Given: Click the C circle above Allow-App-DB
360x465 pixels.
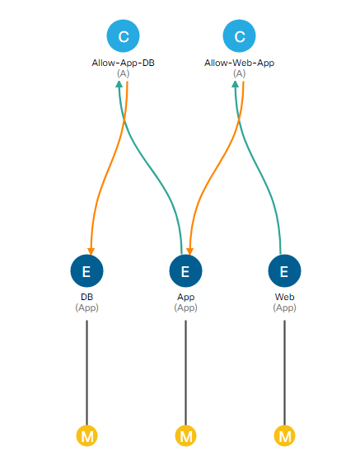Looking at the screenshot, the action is [x=123, y=36].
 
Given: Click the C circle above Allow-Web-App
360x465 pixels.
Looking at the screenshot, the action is [x=239, y=36].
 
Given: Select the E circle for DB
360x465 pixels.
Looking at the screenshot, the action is [x=86, y=270].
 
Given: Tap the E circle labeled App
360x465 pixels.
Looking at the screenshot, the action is [x=186, y=270].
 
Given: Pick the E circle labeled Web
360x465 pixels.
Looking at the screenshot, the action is [x=284, y=270].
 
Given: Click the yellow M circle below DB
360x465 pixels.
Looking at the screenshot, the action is [x=86, y=436].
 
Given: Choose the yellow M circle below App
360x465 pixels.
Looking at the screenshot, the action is [x=186, y=436].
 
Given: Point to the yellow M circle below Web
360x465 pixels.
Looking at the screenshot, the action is [x=284, y=436].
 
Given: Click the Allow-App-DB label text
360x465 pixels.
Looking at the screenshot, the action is [x=123, y=63].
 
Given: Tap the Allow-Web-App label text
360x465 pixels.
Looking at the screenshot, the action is [x=239, y=63].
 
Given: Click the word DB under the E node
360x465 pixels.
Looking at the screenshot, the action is [x=86, y=297].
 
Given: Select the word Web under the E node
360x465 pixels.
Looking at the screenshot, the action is [x=284, y=297].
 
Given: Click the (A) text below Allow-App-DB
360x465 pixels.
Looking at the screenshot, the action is [x=123, y=73].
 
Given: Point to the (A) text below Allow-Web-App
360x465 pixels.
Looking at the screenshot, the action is [x=239, y=73].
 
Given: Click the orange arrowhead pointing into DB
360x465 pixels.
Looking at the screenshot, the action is [x=91, y=251].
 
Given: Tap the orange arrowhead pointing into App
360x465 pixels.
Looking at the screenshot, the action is [x=190, y=251].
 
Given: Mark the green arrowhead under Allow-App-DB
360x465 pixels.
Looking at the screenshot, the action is [x=119, y=85].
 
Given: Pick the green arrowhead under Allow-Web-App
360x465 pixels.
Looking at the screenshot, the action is [x=236, y=85].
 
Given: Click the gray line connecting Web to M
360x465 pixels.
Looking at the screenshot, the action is [x=284, y=373].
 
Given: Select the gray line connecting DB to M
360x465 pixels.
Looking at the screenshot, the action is [x=86, y=373].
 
